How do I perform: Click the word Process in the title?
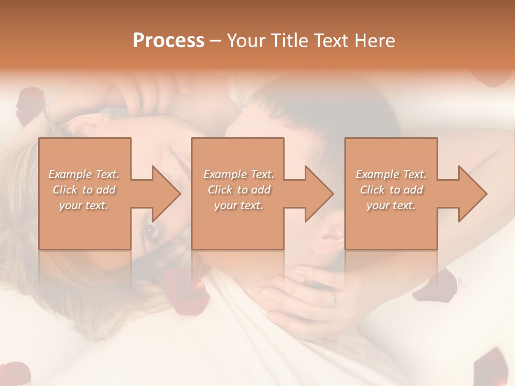168,41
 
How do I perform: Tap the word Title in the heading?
287,41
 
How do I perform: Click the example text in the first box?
84,190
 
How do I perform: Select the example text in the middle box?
239,190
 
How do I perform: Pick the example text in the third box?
391,190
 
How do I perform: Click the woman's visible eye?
152,230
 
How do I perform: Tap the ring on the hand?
333,296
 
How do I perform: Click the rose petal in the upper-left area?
30,105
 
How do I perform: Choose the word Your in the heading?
245,41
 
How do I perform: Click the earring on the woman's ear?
111,114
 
